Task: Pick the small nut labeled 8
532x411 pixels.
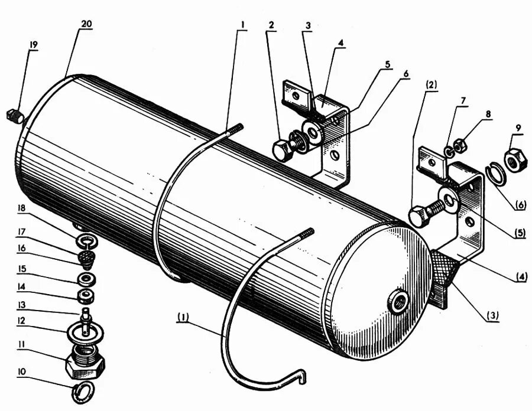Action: [x=463, y=144]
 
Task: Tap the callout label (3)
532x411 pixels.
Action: [x=492, y=315]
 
